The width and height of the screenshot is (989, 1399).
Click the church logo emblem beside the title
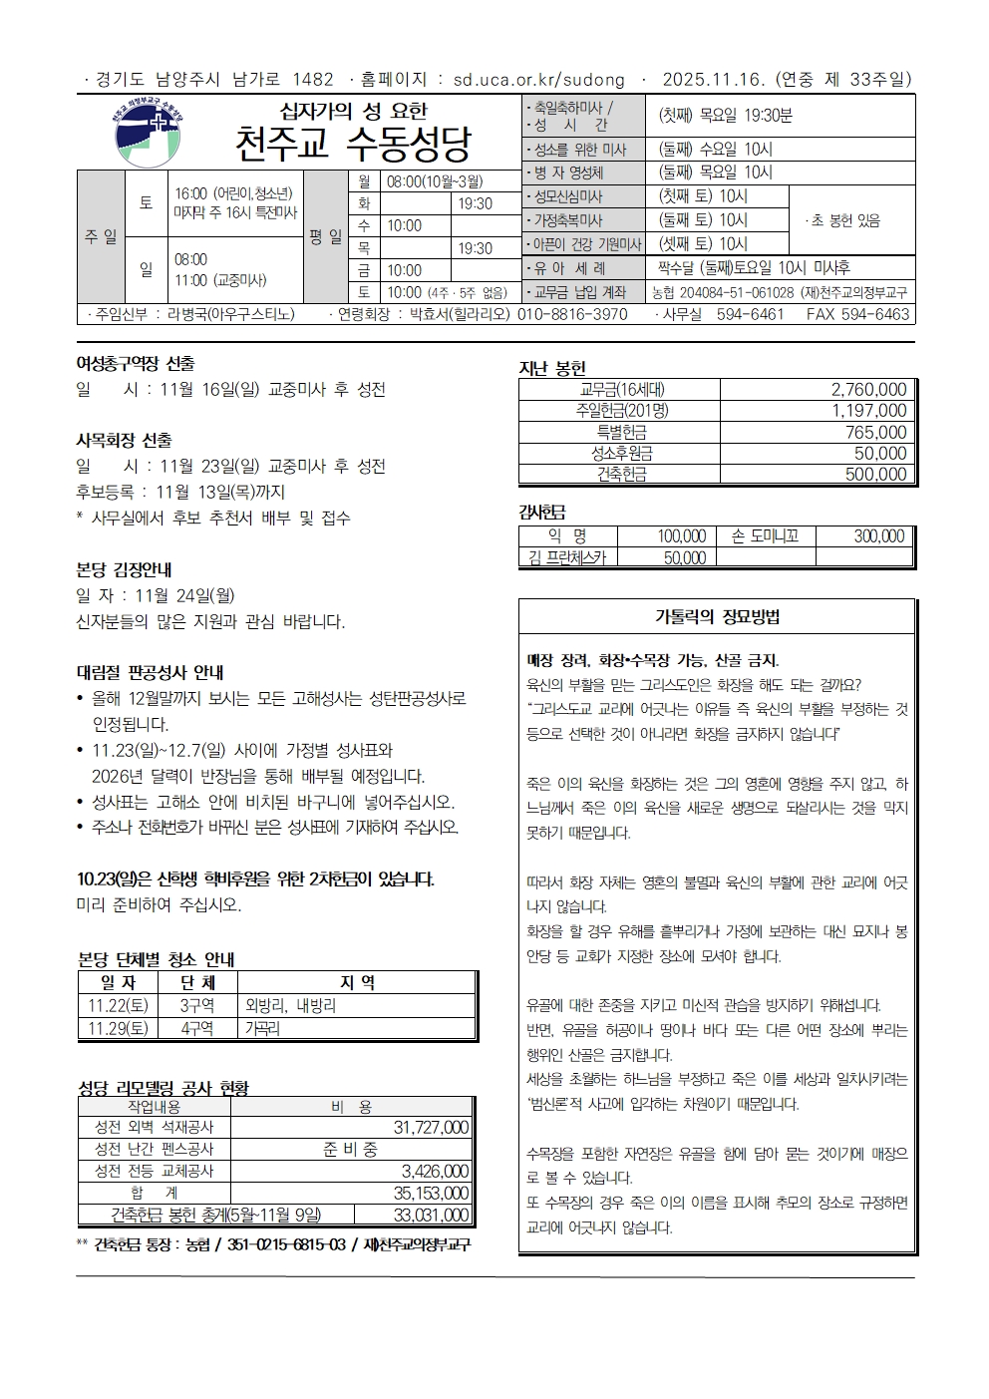click(x=147, y=131)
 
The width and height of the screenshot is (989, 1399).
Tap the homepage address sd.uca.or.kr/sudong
click(x=538, y=80)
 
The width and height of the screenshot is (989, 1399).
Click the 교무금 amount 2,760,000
click(x=868, y=390)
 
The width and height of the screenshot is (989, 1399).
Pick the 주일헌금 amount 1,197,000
click(x=868, y=411)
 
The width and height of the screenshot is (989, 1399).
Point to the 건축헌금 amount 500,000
click(x=875, y=475)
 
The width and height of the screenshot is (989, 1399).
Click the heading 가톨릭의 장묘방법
click(x=717, y=616)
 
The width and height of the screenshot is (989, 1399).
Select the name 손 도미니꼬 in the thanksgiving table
click(x=765, y=536)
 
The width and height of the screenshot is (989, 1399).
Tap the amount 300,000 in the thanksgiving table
click(x=878, y=536)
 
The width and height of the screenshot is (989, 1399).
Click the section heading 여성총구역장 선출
click(x=136, y=364)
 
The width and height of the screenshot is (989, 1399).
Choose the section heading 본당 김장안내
click(x=125, y=570)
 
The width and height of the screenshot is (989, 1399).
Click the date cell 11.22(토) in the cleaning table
click(x=119, y=1006)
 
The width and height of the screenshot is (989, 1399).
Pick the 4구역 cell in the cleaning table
click(x=197, y=1028)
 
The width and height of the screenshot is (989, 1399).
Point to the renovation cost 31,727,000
click(x=431, y=1128)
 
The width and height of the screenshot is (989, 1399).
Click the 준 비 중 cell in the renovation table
click(x=350, y=1150)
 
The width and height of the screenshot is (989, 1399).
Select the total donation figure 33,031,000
click(x=431, y=1215)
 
